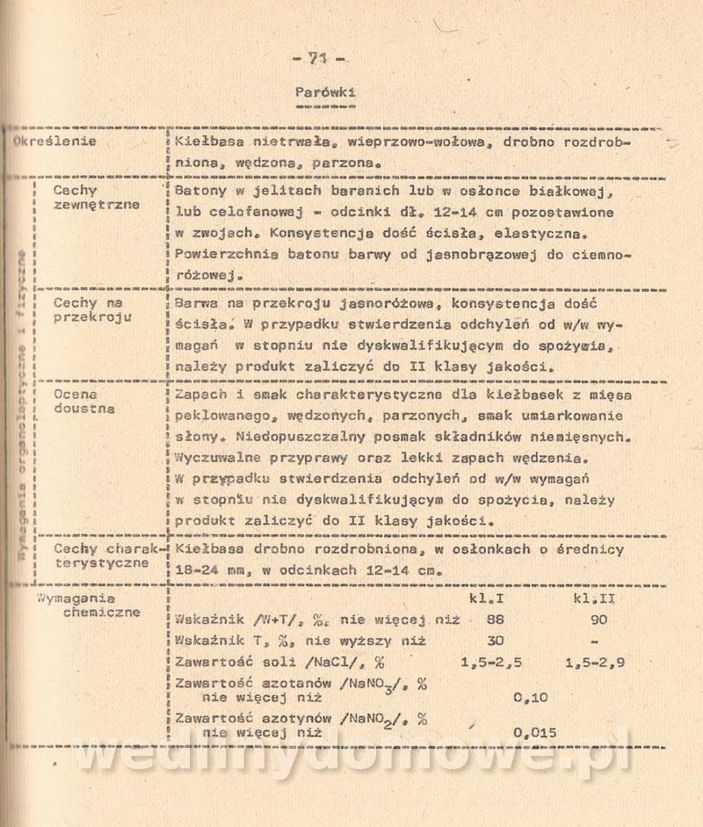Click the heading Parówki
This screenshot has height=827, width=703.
pyautogui.click(x=326, y=91)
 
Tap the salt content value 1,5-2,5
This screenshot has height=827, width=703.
pyautogui.click(x=492, y=664)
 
